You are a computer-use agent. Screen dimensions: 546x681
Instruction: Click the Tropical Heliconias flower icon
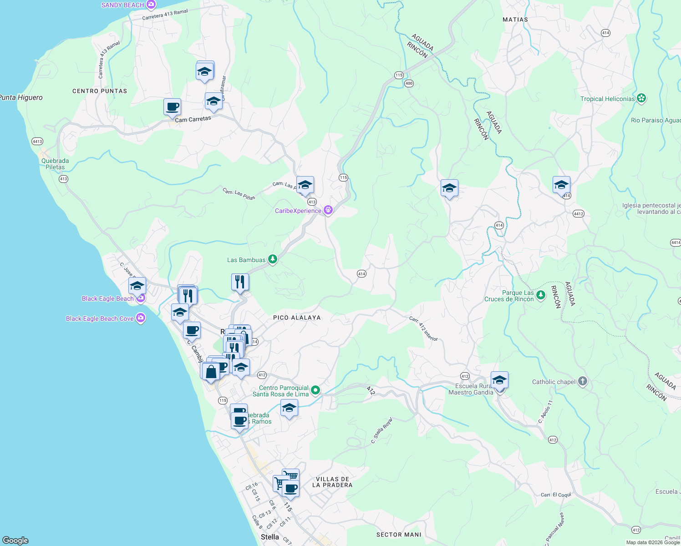pos(641,98)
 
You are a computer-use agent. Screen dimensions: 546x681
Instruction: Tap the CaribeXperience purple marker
pos(328,210)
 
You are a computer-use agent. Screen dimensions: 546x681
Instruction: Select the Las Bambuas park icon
pos(272,259)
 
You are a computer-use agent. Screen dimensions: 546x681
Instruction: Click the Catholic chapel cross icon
pos(583,382)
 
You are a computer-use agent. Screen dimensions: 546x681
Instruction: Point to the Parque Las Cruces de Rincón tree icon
pos(540,295)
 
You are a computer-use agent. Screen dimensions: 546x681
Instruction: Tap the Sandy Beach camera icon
pos(151,5)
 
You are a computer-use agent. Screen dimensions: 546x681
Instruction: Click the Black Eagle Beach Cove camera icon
pos(141,318)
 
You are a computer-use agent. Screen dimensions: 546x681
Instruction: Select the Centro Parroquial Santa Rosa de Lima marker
pos(315,390)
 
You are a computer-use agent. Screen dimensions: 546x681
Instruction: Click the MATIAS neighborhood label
pos(515,20)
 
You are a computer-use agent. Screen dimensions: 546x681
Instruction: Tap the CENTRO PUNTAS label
pos(100,91)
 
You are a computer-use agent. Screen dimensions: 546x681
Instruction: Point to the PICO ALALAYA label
pos(297,318)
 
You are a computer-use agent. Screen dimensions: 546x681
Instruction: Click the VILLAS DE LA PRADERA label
pos(332,482)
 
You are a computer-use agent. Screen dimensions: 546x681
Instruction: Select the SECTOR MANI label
pos(399,535)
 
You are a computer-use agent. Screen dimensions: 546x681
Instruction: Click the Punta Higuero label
pos(21,97)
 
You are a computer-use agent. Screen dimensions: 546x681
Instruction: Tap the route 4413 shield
pos(37,142)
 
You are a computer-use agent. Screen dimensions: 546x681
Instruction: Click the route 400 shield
pos(409,83)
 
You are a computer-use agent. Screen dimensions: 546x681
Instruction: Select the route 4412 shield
pos(578,214)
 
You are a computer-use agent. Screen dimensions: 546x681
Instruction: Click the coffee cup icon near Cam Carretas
pos(172,107)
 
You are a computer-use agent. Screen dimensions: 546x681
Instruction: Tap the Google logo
pos(15,541)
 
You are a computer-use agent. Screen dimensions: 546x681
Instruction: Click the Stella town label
pos(269,537)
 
